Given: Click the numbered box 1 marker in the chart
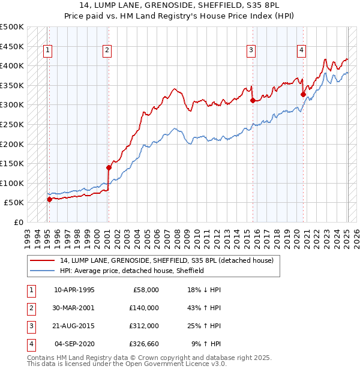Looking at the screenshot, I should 47,51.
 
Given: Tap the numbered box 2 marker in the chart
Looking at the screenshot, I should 107,51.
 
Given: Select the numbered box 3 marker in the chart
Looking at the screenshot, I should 251,51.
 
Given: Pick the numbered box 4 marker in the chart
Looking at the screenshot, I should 301,51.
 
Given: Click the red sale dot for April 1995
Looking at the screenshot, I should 49,199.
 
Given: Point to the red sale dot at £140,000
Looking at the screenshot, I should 109,167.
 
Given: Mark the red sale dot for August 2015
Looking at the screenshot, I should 253,100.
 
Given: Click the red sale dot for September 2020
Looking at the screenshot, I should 303,94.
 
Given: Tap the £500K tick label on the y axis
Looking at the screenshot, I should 12,28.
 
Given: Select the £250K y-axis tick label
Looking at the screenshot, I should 12,125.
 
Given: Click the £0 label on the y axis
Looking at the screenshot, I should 18,223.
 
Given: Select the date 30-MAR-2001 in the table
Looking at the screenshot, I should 74,307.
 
